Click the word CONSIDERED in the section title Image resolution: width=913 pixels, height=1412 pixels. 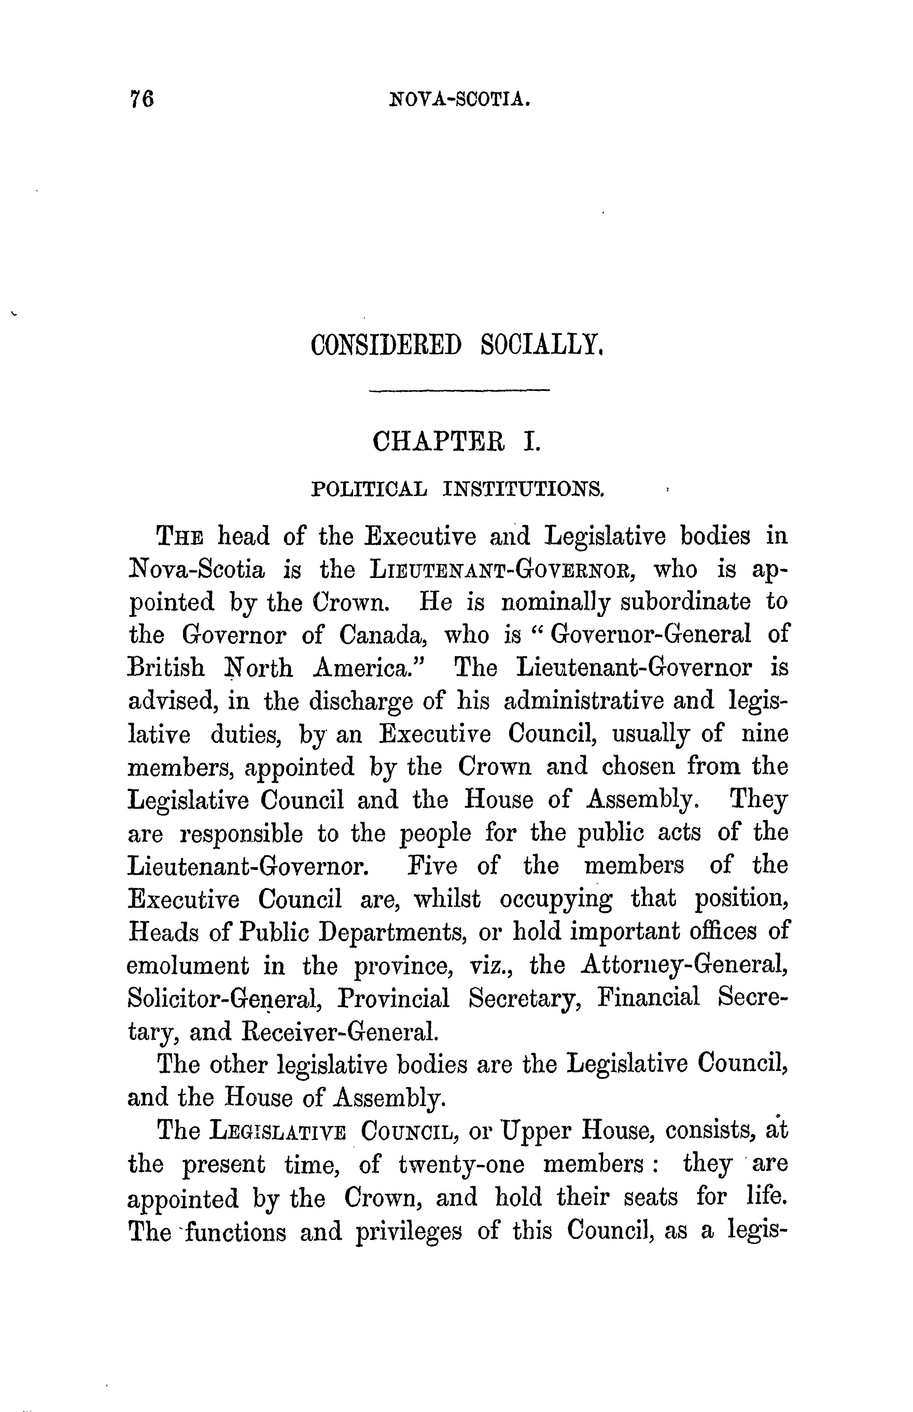(x=385, y=345)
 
